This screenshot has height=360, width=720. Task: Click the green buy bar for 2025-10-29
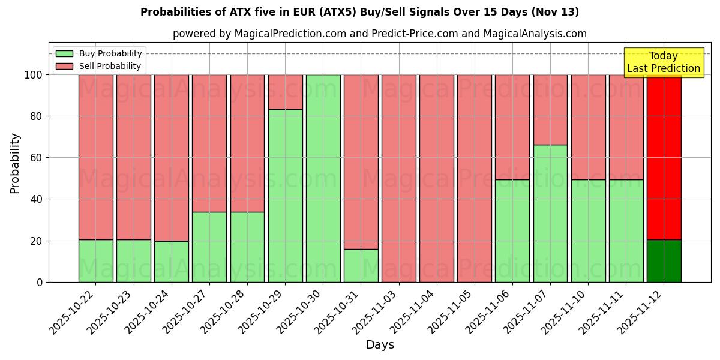(x=285, y=196)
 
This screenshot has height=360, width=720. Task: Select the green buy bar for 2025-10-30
(x=323, y=178)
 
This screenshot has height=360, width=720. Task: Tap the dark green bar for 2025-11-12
(x=664, y=261)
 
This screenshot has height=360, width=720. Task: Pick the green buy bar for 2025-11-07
(x=550, y=213)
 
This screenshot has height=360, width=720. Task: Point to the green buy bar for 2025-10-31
(x=361, y=265)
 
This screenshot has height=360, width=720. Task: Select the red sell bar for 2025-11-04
(x=437, y=178)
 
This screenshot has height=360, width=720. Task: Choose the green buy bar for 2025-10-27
(x=209, y=247)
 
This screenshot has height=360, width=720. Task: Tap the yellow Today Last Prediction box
(x=663, y=62)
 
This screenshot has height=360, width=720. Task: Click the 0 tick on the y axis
(x=40, y=282)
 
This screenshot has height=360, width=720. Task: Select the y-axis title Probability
(x=15, y=163)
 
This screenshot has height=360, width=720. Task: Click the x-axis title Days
(x=380, y=345)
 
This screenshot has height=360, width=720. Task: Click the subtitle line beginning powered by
(x=380, y=34)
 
